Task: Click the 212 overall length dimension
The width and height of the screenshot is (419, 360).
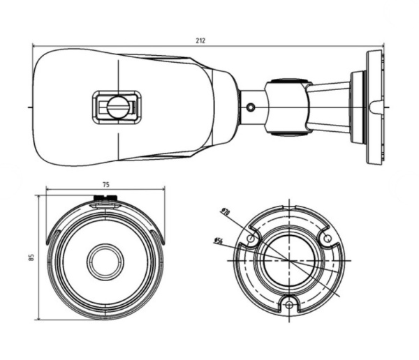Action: [200, 40]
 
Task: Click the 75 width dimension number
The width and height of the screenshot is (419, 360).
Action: [105, 184]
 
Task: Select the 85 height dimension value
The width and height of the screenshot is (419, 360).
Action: [31, 257]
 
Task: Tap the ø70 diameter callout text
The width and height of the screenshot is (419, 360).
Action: [225, 211]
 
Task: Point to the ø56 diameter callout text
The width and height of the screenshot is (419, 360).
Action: [218, 241]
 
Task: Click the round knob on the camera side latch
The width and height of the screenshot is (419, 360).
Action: [117, 107]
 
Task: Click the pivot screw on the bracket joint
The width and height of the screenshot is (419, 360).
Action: [251, 107]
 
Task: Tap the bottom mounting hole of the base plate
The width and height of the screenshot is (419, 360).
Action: [288, 303]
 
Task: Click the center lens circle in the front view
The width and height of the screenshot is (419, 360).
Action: [105, 261]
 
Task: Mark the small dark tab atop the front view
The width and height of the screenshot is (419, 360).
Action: [106, 198]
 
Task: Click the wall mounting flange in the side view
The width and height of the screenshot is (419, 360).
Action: [374, 107]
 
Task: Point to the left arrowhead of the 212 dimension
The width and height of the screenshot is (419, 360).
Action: [36, 46]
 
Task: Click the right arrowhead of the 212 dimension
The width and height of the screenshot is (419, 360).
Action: [381, 46]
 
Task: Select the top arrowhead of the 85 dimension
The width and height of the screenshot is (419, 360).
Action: [38, 197]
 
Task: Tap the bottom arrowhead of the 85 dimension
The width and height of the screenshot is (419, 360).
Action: [38, 318]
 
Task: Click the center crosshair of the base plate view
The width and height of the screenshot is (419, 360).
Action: [288, 260]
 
